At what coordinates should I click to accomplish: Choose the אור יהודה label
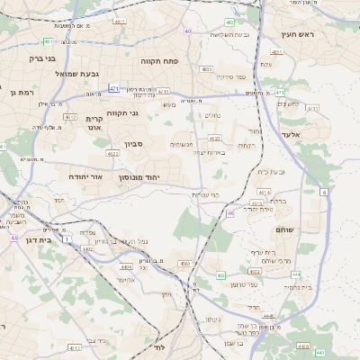click(x=86, y=177)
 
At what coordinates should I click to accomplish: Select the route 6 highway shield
click(x=323, y=193)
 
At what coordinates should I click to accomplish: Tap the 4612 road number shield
click(x=69, y=117)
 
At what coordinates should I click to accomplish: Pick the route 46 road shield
click(x=230, y=213)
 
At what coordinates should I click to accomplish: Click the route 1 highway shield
click(x=66, y=238)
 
